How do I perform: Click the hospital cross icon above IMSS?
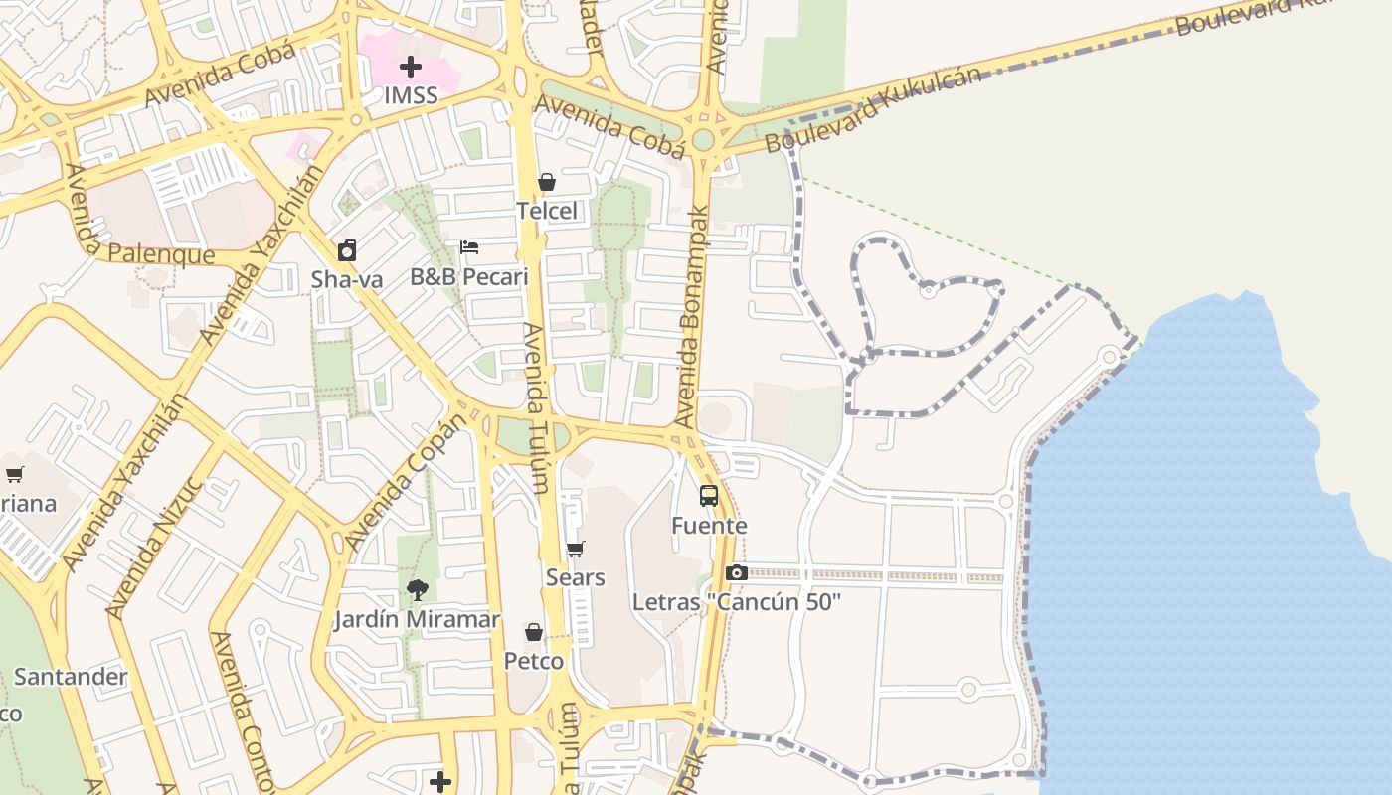pyautogui.click(x=410, y=67)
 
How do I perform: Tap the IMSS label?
pyautogui.click(x=411, y=96)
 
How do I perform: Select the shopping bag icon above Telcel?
pyautogui.click(x=546, y=182)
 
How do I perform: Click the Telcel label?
pyautogui.click(x=546, y=211)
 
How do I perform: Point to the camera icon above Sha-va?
pyautogui.click(x=346, y=249)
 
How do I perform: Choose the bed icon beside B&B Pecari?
pyautogui.click(x=469, y=246)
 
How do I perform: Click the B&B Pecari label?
pyautogui.click(x=469, y=276)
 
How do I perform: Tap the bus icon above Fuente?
pyautogui.click(x=709, y=495)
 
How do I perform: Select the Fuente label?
pyautogui.click(x=709, y=525)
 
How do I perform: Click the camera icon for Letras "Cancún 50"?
pyautogui.click(x=737, y=572)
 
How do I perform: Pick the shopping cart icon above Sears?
pyautogui.click(x=575, y=549)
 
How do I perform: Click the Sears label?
pyautogui.click(x=575, y=577)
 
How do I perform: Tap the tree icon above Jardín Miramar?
pyautogui.click(x=417, y=590)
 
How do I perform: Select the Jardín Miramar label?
pyautogui.click(x=417, y=619)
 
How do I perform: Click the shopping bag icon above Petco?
pyautogui.click(x=534, y=632)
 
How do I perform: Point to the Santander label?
pyautogui.click(x=71, y=677)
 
